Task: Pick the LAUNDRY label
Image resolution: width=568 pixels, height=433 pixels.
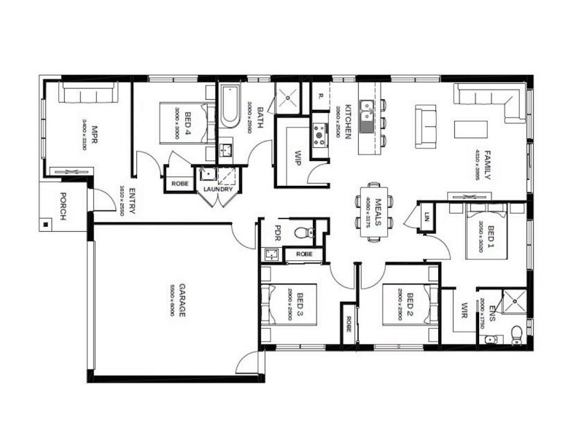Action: [x=217, y=190]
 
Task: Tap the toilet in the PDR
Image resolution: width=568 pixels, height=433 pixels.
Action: [x=304, y=233]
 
